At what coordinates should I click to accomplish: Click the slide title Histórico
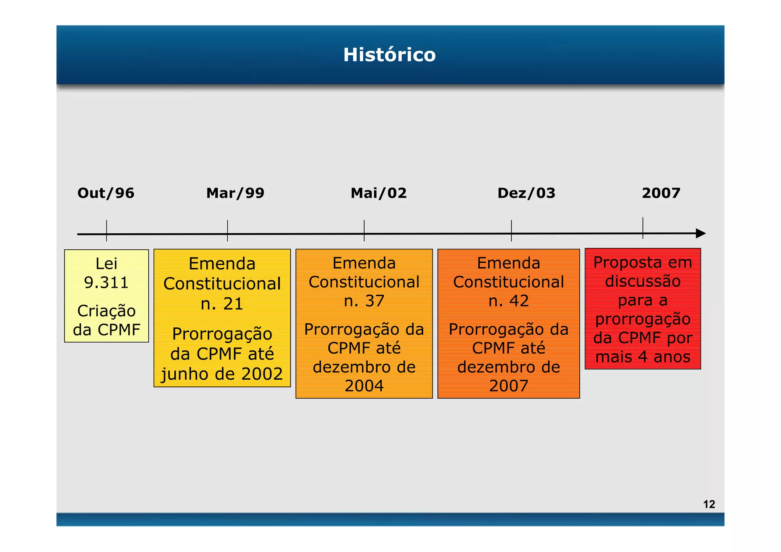point(389,55)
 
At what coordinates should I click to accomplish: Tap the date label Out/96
point(106,193)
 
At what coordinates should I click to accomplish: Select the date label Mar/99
point(235,193)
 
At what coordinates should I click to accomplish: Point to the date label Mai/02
point(378,193)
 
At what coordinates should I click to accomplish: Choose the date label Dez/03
point(526,193)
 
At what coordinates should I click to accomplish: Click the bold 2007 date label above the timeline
point(661,193)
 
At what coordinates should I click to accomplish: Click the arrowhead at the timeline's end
point(701,233)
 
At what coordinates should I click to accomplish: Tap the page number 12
point(709,504)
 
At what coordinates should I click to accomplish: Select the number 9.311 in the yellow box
point(106,282)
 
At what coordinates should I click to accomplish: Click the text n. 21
point(222,304)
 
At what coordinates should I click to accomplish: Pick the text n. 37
point(364,301)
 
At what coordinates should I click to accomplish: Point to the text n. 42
point(508,301)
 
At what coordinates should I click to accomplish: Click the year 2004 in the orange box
point(364,386)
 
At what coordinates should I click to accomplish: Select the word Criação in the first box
point(106,311)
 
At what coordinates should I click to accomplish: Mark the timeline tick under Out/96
point(106,231)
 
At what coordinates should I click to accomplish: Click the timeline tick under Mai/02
point(364,231)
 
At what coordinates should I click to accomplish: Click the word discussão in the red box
point(643,281)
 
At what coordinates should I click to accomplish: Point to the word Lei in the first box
point(106,263)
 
